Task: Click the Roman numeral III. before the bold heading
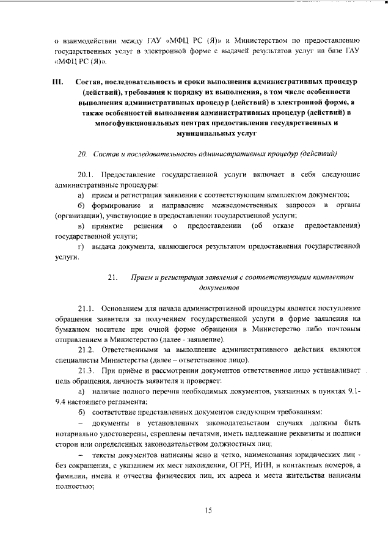tap(59, 81)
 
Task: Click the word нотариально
tap(77, 433)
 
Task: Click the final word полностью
tap(73, 488)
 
